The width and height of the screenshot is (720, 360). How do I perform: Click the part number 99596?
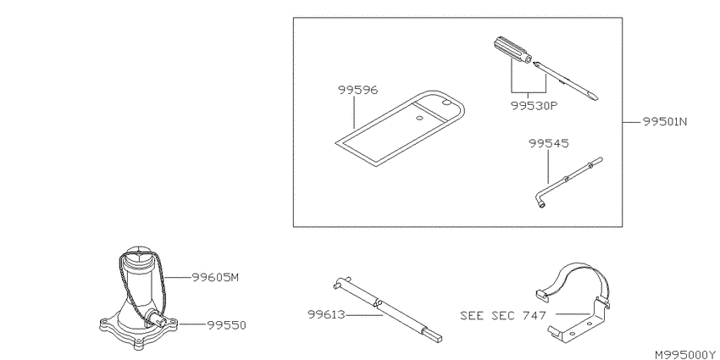(x=357, y=90)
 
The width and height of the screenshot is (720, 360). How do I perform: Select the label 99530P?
(x=534, y=106)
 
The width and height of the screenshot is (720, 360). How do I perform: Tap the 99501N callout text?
(x=664, y=122)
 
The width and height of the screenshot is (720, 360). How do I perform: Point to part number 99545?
(x=548, y=144)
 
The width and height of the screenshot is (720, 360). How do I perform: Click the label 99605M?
(x=215, y=277)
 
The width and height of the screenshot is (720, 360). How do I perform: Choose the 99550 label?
(x=226, y=325)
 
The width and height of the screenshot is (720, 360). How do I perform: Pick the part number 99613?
(x=326, y=315)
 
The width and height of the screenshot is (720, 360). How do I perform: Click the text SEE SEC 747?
(x=503, y=315)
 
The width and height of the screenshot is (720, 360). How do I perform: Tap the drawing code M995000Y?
(x=684, y=355)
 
